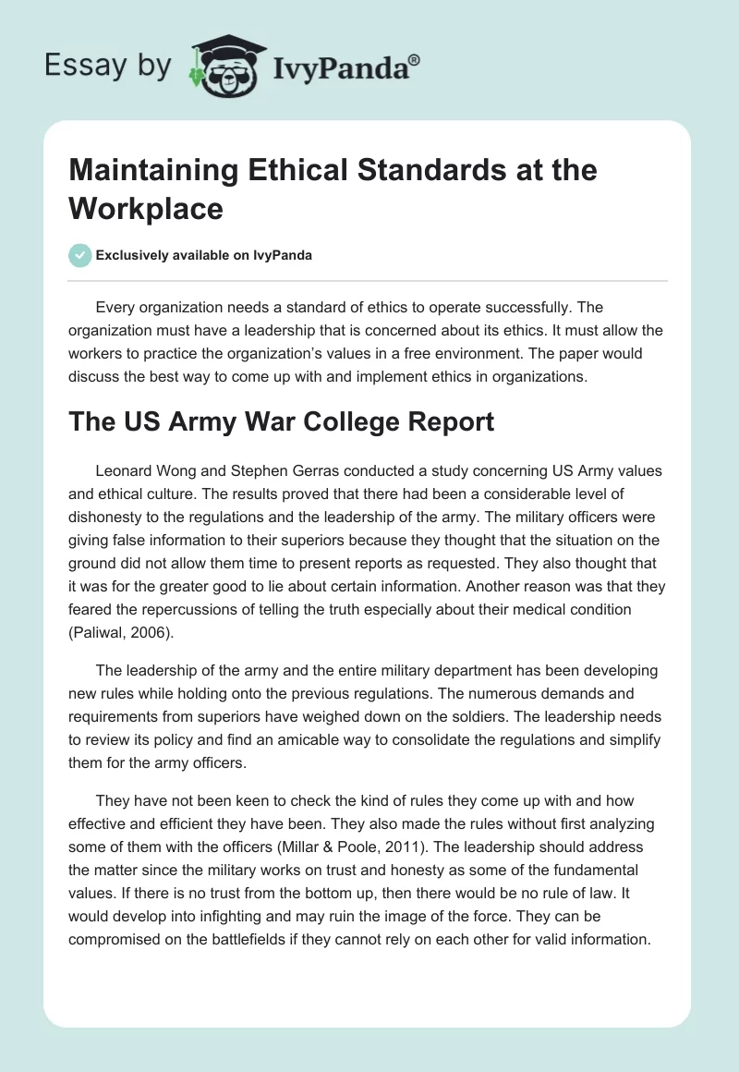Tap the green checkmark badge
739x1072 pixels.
pos(80,255)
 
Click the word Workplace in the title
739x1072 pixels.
pos(146,209)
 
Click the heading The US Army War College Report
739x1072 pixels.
pos(282,421)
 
